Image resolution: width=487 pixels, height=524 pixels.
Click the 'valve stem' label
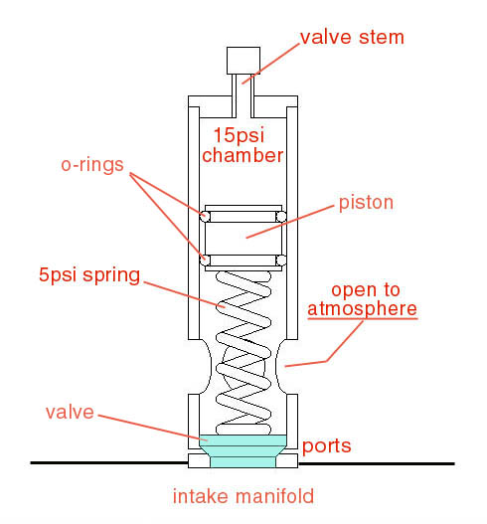pos(352,38)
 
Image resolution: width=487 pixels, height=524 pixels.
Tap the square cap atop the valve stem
pos(243,61)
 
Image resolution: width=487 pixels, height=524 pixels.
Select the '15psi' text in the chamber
pos(239,135)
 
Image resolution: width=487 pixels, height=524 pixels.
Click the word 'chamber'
pos(243,155)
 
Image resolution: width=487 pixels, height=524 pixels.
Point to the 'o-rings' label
pos(92,165)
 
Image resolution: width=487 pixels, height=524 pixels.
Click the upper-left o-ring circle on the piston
pos(205,216)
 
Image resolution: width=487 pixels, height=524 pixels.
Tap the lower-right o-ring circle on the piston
pos(281,260)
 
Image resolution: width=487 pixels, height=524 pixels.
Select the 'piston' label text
pos(366,203)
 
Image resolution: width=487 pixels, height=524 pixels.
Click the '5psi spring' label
pos(89,275)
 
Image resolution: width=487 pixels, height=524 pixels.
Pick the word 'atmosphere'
pos(362,308)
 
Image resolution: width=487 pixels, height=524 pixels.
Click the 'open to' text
pos(366,289)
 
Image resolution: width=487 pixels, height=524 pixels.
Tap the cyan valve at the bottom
pos(243,450)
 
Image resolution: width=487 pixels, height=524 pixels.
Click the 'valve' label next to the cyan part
pos(70,413)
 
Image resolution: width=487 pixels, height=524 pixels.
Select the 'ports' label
pos(326,446)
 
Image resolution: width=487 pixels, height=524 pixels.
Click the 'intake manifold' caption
pos(243,496)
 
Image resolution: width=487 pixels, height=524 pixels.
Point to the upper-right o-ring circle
pos(281,216)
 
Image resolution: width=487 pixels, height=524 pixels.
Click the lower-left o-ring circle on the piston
pos(205,260)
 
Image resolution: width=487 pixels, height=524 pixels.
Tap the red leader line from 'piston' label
pos(290,222)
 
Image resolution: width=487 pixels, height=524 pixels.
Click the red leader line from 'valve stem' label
pos(271,64)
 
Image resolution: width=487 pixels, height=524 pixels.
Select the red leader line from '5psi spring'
pos(185,294)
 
